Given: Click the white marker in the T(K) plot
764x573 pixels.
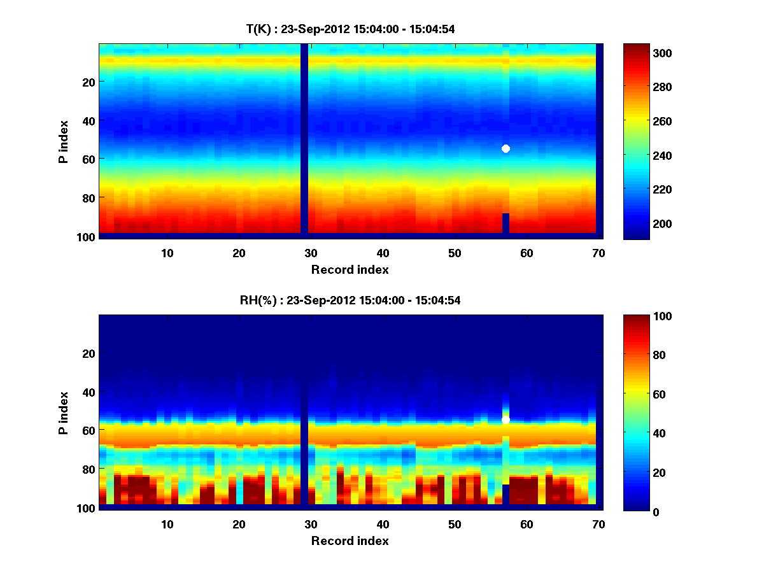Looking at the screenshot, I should pyautogui.click(x=506, y=148).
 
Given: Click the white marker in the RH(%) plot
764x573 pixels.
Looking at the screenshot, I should pyautogui.click(x=506, y=420).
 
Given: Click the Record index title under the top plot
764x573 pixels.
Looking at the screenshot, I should pyautogui.click(x=350, y=269).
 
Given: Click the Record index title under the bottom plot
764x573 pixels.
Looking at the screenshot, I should pyautogui.click(x=350, y=541).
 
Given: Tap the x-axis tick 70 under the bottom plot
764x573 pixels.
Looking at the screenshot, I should pyautogui.click(x=598, y=524).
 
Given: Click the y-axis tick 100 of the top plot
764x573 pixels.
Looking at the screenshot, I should pyautogui.click(x=87, y=237).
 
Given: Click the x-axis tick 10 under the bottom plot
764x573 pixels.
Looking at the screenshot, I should pyautogui.click(x=167, y=524).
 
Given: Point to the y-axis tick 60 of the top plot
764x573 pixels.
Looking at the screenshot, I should pyautogui.click(x=89, y=159).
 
